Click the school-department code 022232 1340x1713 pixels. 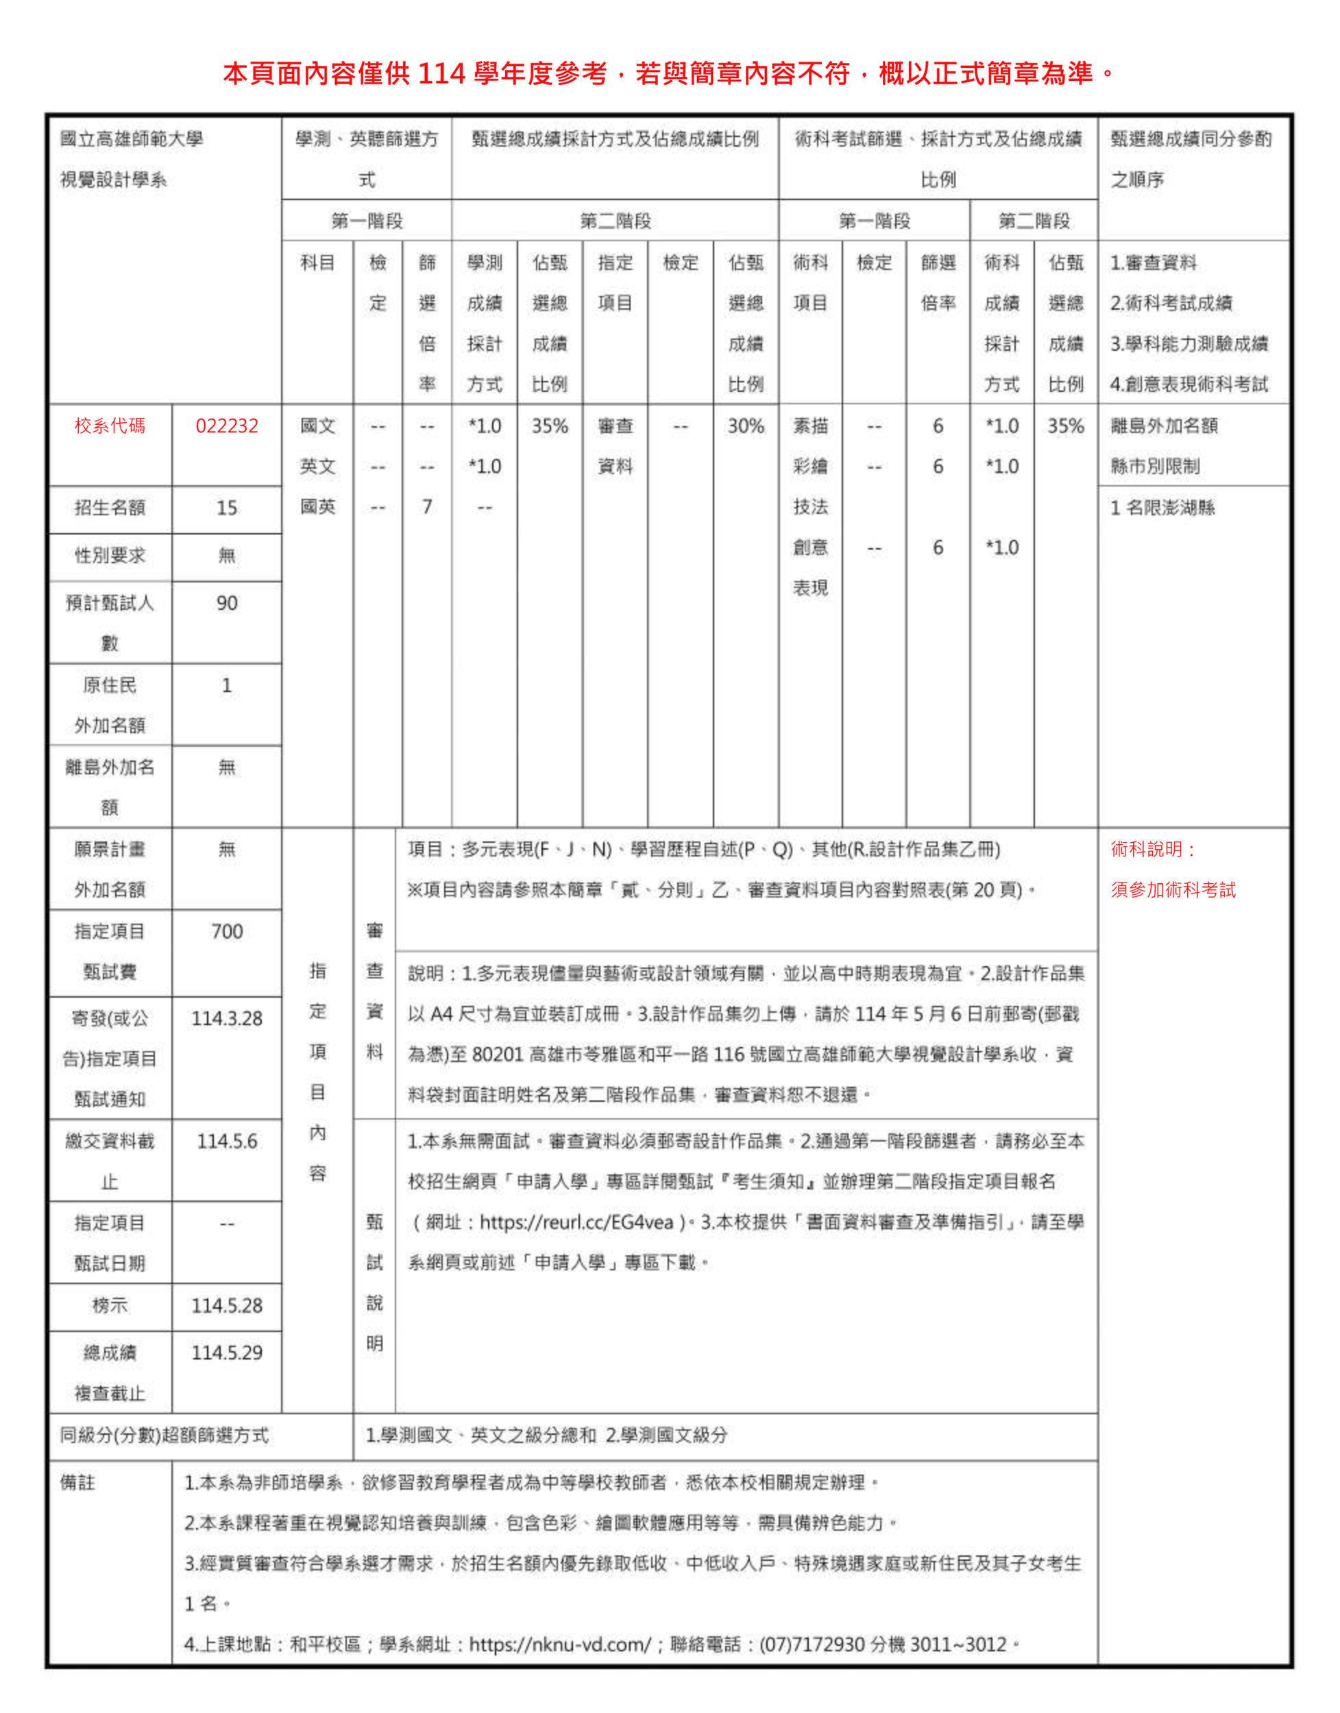coord(227,426)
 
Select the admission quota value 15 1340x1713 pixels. coord(227,508)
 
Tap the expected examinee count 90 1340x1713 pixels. coord(227,603)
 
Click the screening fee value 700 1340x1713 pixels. coord(227,931)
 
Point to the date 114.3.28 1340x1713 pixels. coord(227,1019)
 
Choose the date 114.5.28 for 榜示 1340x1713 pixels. coord(227,1306)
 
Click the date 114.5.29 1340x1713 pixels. coord(227,1353)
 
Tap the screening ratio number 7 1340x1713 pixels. coord(427,508)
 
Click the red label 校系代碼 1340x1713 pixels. coord(110,426)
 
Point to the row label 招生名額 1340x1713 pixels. coord(110,508)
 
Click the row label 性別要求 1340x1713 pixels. coord(110,556)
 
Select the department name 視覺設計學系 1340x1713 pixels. coord(114,180)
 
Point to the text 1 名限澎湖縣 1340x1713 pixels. coord(1162,508)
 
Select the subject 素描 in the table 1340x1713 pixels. coord(810,426)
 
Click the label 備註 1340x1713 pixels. coord(77,1482)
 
